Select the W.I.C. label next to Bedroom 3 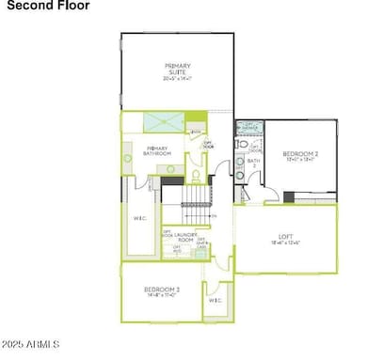pos(215,300)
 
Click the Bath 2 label pos(252,164)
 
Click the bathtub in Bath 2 pos(248,128)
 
